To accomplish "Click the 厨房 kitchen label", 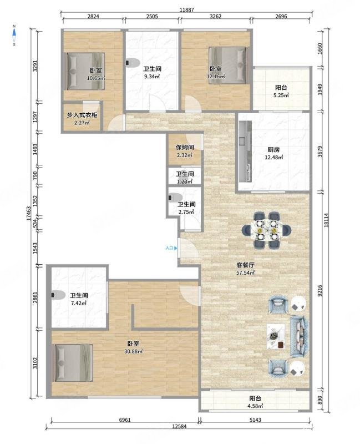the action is click(x=273, y=149).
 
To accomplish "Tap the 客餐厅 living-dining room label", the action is click(x=245, y=265).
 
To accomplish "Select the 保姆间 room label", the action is click(x=185, y=147).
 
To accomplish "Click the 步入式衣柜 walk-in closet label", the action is click(x=82, y=115).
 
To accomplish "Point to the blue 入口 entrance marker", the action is click(x=171, y=248).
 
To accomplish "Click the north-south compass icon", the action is click(x=14, y=35).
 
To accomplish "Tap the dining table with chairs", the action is click(x=266, y=230).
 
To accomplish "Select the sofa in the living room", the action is click(x=299, y=336).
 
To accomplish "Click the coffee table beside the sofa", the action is click(x=276, y=336).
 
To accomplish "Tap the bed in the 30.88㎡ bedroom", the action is click(x=73, y=362).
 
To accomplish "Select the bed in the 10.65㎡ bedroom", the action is click(x=85, y=71).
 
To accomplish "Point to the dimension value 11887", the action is click(x=187, y=9).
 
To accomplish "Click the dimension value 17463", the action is click(x=28, y=214).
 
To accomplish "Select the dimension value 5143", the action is click(x=255, y=420).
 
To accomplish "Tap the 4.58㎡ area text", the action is click(x=255, y=406).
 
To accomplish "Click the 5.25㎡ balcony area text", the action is click(x=281, y=95).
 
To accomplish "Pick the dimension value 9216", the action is click(x=320, y=290).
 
